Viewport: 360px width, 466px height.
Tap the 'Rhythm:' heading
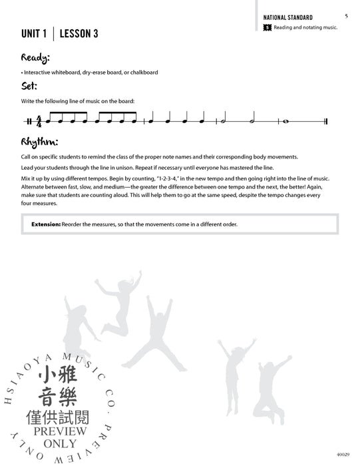coord(39,142)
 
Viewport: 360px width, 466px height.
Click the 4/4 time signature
coord(39,122)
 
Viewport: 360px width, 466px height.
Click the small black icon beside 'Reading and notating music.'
coord(267,27)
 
